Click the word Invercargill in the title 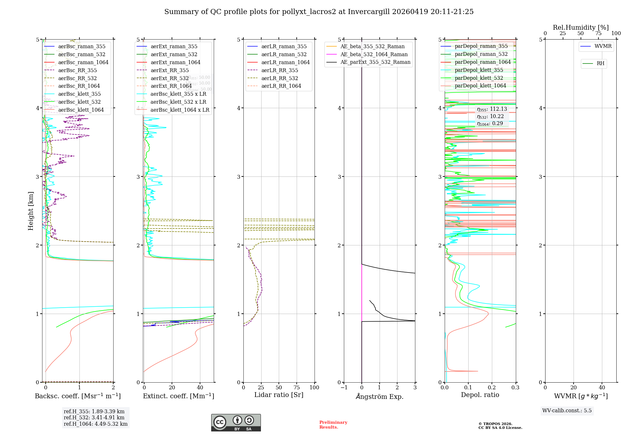[368, 12]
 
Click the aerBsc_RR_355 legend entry [78, 70]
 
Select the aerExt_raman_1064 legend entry [175, 62]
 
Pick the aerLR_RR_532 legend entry [279, 78]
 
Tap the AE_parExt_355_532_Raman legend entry [375, 62]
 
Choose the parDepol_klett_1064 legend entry [480, 86]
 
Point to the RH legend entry [600, 64]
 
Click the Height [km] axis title [31, 211]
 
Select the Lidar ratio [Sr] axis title [278, 395]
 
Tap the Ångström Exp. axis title [379, 397]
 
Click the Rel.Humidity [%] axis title [581, 27]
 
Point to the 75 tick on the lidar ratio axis [297, 388]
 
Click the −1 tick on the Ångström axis [344, 388]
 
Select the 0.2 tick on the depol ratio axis [492, 388]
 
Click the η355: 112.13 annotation [492, 109]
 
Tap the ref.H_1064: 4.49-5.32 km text [95, 424]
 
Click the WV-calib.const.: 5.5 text [567, 411]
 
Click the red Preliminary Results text [333, 425]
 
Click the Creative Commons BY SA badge [236, 423]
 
